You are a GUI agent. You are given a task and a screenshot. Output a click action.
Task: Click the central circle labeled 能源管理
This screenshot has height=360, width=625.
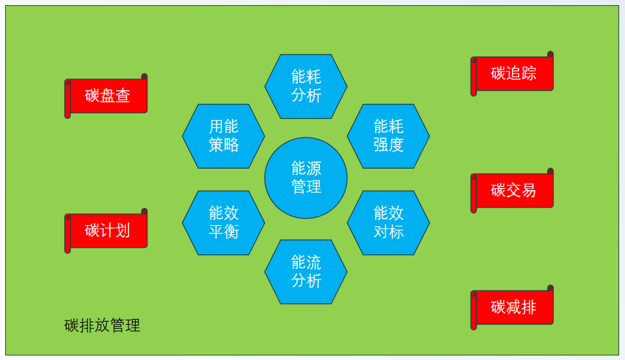306,178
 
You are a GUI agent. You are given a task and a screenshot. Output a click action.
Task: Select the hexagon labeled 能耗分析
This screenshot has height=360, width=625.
306,86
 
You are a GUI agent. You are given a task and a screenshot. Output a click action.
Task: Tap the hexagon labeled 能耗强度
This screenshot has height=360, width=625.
388,136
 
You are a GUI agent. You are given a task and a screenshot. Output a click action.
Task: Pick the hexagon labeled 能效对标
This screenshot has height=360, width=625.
388,222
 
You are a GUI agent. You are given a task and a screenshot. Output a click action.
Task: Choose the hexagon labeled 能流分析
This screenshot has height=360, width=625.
306,272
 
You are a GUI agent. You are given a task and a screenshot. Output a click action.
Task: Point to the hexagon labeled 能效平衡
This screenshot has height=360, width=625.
223,222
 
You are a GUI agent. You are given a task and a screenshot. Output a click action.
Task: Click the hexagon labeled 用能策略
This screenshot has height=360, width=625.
223,136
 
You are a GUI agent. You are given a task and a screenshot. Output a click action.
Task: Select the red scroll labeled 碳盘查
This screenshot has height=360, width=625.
108,96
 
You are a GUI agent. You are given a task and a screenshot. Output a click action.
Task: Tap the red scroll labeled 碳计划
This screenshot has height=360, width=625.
108,231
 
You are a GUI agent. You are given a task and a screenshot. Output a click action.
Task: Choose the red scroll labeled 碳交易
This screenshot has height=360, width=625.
513,191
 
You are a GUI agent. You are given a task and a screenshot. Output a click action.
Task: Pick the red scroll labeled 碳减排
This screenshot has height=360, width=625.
513,307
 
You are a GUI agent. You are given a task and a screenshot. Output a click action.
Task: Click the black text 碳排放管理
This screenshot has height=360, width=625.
103,326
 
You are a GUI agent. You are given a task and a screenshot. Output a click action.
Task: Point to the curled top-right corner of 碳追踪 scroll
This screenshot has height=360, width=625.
550,54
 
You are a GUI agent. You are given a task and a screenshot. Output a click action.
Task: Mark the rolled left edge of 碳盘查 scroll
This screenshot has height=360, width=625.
67,99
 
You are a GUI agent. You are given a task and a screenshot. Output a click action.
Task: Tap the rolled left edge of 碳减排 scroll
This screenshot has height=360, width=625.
474,311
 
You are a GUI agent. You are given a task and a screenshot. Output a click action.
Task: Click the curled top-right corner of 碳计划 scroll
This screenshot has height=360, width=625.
144,211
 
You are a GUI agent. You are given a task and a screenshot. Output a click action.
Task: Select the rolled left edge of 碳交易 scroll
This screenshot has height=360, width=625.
474,194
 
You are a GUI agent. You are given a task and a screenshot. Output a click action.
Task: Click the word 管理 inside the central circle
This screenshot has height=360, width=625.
306,187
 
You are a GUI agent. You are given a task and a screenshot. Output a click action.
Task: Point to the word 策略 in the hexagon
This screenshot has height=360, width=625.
223,145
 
